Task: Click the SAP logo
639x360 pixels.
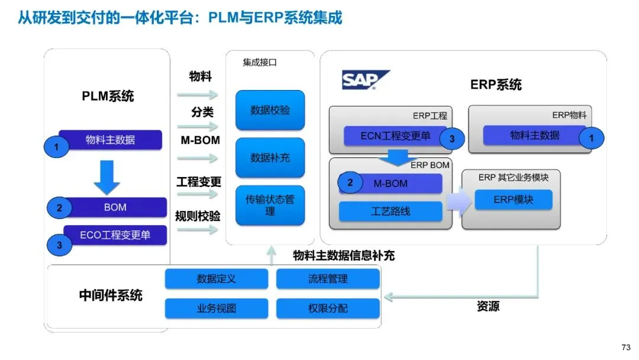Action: tap(365, 79)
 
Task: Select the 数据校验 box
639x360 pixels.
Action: tap(270, 110)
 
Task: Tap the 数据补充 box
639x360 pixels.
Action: tap(270, 157)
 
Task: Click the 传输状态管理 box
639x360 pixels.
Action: tap(270, 205)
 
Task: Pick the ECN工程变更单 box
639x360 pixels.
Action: tap(395, 136)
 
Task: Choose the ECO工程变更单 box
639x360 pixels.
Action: tap(115, 235)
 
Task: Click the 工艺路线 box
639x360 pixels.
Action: tap(390, 211)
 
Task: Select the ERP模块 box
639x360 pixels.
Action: tap(514, 200)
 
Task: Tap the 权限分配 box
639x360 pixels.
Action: tap(328, 308)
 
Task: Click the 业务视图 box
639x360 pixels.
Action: tap(217, 308)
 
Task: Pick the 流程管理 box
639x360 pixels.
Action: tap(328, 279)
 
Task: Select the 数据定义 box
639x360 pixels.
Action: tap(217, 279)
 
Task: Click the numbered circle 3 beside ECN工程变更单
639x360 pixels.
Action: tap(452, 139)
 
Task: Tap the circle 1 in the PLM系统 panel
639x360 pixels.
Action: tap(56, 147)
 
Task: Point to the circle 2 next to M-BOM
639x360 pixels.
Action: tap(350, 182)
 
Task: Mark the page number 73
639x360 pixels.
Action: tap(626, 348)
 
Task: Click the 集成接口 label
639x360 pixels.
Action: tap(260, 62)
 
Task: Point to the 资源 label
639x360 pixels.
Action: tap(488, 306)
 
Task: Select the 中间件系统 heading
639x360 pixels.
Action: tap(111, 295)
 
